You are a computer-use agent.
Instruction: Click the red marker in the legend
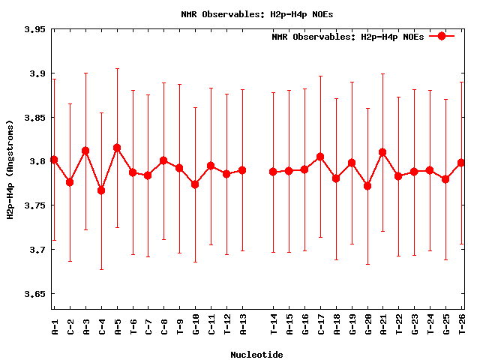(x=442, y=36)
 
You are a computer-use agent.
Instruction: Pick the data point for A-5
(x=117, y=148)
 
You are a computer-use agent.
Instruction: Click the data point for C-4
(x=101, y=190)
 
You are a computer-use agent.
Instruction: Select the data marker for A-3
(x=85, y=151)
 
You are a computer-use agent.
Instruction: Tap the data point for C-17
(x=320, y=157)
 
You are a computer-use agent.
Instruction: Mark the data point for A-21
(x=382, y=152)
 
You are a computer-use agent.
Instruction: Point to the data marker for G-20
(x=367, y=186)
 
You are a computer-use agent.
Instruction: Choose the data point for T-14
(x=273, y=172)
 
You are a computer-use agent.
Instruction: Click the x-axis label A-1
(x=55, y=326)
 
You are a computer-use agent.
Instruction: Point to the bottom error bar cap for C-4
(x=101, y=269)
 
